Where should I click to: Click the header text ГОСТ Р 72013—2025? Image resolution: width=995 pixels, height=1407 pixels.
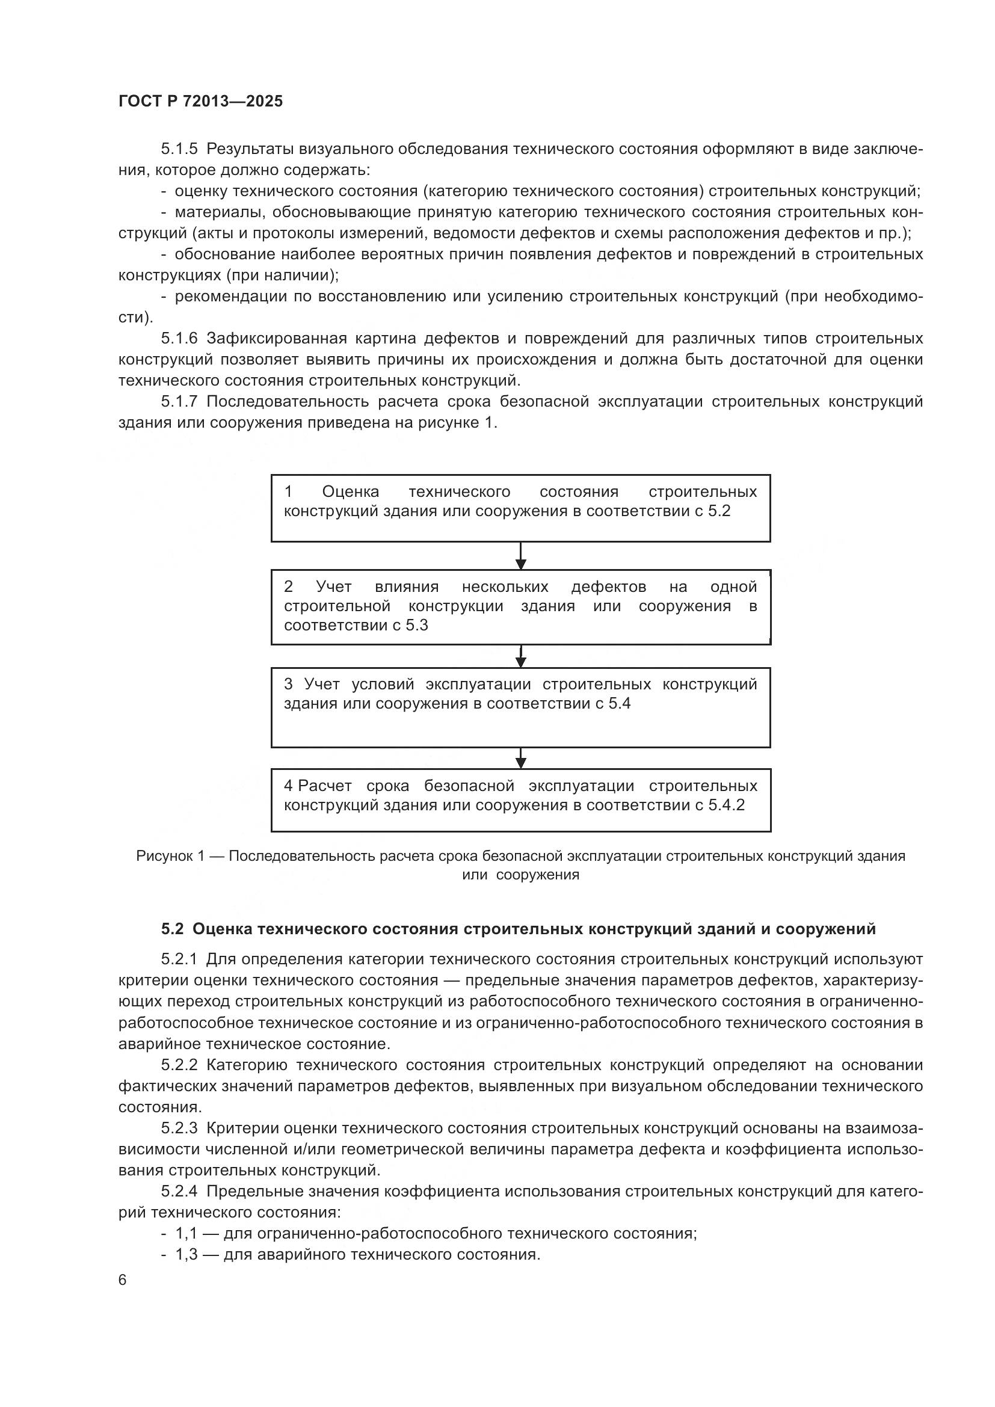click(200, 102)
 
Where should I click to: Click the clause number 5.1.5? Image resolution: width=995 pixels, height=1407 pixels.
click(179, 149)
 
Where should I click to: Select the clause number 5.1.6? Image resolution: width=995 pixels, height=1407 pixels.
click(179, 338)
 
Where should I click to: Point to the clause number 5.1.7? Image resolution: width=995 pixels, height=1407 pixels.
click(179, 401)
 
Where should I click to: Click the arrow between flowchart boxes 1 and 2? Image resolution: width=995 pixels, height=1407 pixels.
click(521, 556)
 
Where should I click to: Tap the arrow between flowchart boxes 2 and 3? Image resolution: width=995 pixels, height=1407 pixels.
click(521, 656)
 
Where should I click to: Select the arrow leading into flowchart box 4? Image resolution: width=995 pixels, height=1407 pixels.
click(521, 758)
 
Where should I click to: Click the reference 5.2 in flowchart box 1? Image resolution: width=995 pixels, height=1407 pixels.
click(719, 511)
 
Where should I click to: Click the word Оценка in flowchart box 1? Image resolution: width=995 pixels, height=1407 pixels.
click(351, 491)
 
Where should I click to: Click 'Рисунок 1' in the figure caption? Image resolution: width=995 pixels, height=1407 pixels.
click(170, 856)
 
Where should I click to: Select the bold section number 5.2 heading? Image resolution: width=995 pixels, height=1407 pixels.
click(172, 929)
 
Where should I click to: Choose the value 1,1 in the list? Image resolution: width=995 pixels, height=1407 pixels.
click(186, 1233)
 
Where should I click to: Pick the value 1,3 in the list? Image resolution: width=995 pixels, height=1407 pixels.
click(186, 1254)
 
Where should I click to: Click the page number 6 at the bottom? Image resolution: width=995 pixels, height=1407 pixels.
click(123, 1280)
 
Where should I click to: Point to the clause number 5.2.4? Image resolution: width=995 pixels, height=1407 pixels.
click(179, 1191)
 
